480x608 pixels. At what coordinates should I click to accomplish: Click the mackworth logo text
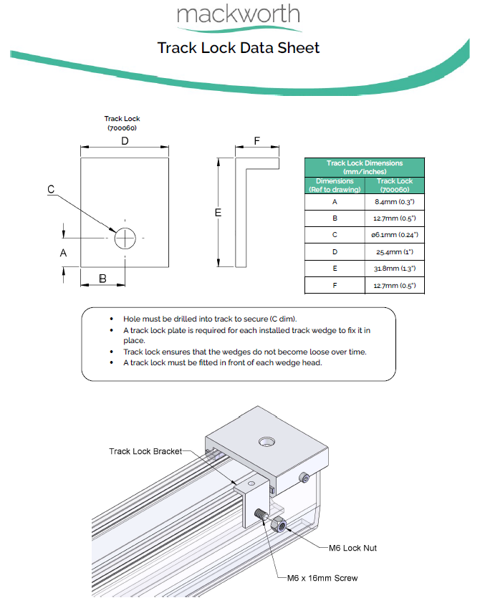[238, 14]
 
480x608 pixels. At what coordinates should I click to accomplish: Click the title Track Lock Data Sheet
[239, 48]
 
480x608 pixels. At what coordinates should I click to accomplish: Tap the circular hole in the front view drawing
[125, 238]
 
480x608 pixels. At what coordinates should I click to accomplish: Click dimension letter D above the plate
[125, 142]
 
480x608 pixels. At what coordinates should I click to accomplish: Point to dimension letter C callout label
[51, 189]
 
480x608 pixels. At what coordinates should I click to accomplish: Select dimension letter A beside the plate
[63, 253]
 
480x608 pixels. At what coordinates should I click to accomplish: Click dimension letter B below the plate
[102, 279]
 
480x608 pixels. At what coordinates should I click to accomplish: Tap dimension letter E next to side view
[218, 213]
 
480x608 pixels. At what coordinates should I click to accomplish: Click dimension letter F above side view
[256, 142]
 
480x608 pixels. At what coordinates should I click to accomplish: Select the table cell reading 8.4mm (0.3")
[395, 202]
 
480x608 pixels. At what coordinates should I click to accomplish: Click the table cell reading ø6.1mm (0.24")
[395, 235]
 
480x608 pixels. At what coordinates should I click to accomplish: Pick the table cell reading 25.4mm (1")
[395, 252]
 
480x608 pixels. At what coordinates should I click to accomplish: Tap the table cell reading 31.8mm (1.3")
[395, 269]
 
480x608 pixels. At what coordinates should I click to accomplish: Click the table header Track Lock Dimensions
[365, 167]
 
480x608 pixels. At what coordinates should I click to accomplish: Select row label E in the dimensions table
[335, 269]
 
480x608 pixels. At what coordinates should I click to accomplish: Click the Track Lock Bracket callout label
[145, 451]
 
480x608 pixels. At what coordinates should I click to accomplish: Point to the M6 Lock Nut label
[352, 548]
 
